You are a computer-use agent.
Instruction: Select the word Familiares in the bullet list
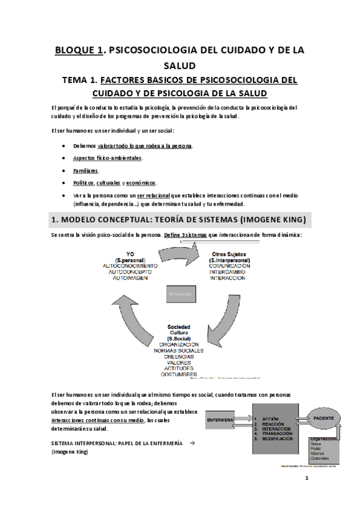click(x=86, y=170)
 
